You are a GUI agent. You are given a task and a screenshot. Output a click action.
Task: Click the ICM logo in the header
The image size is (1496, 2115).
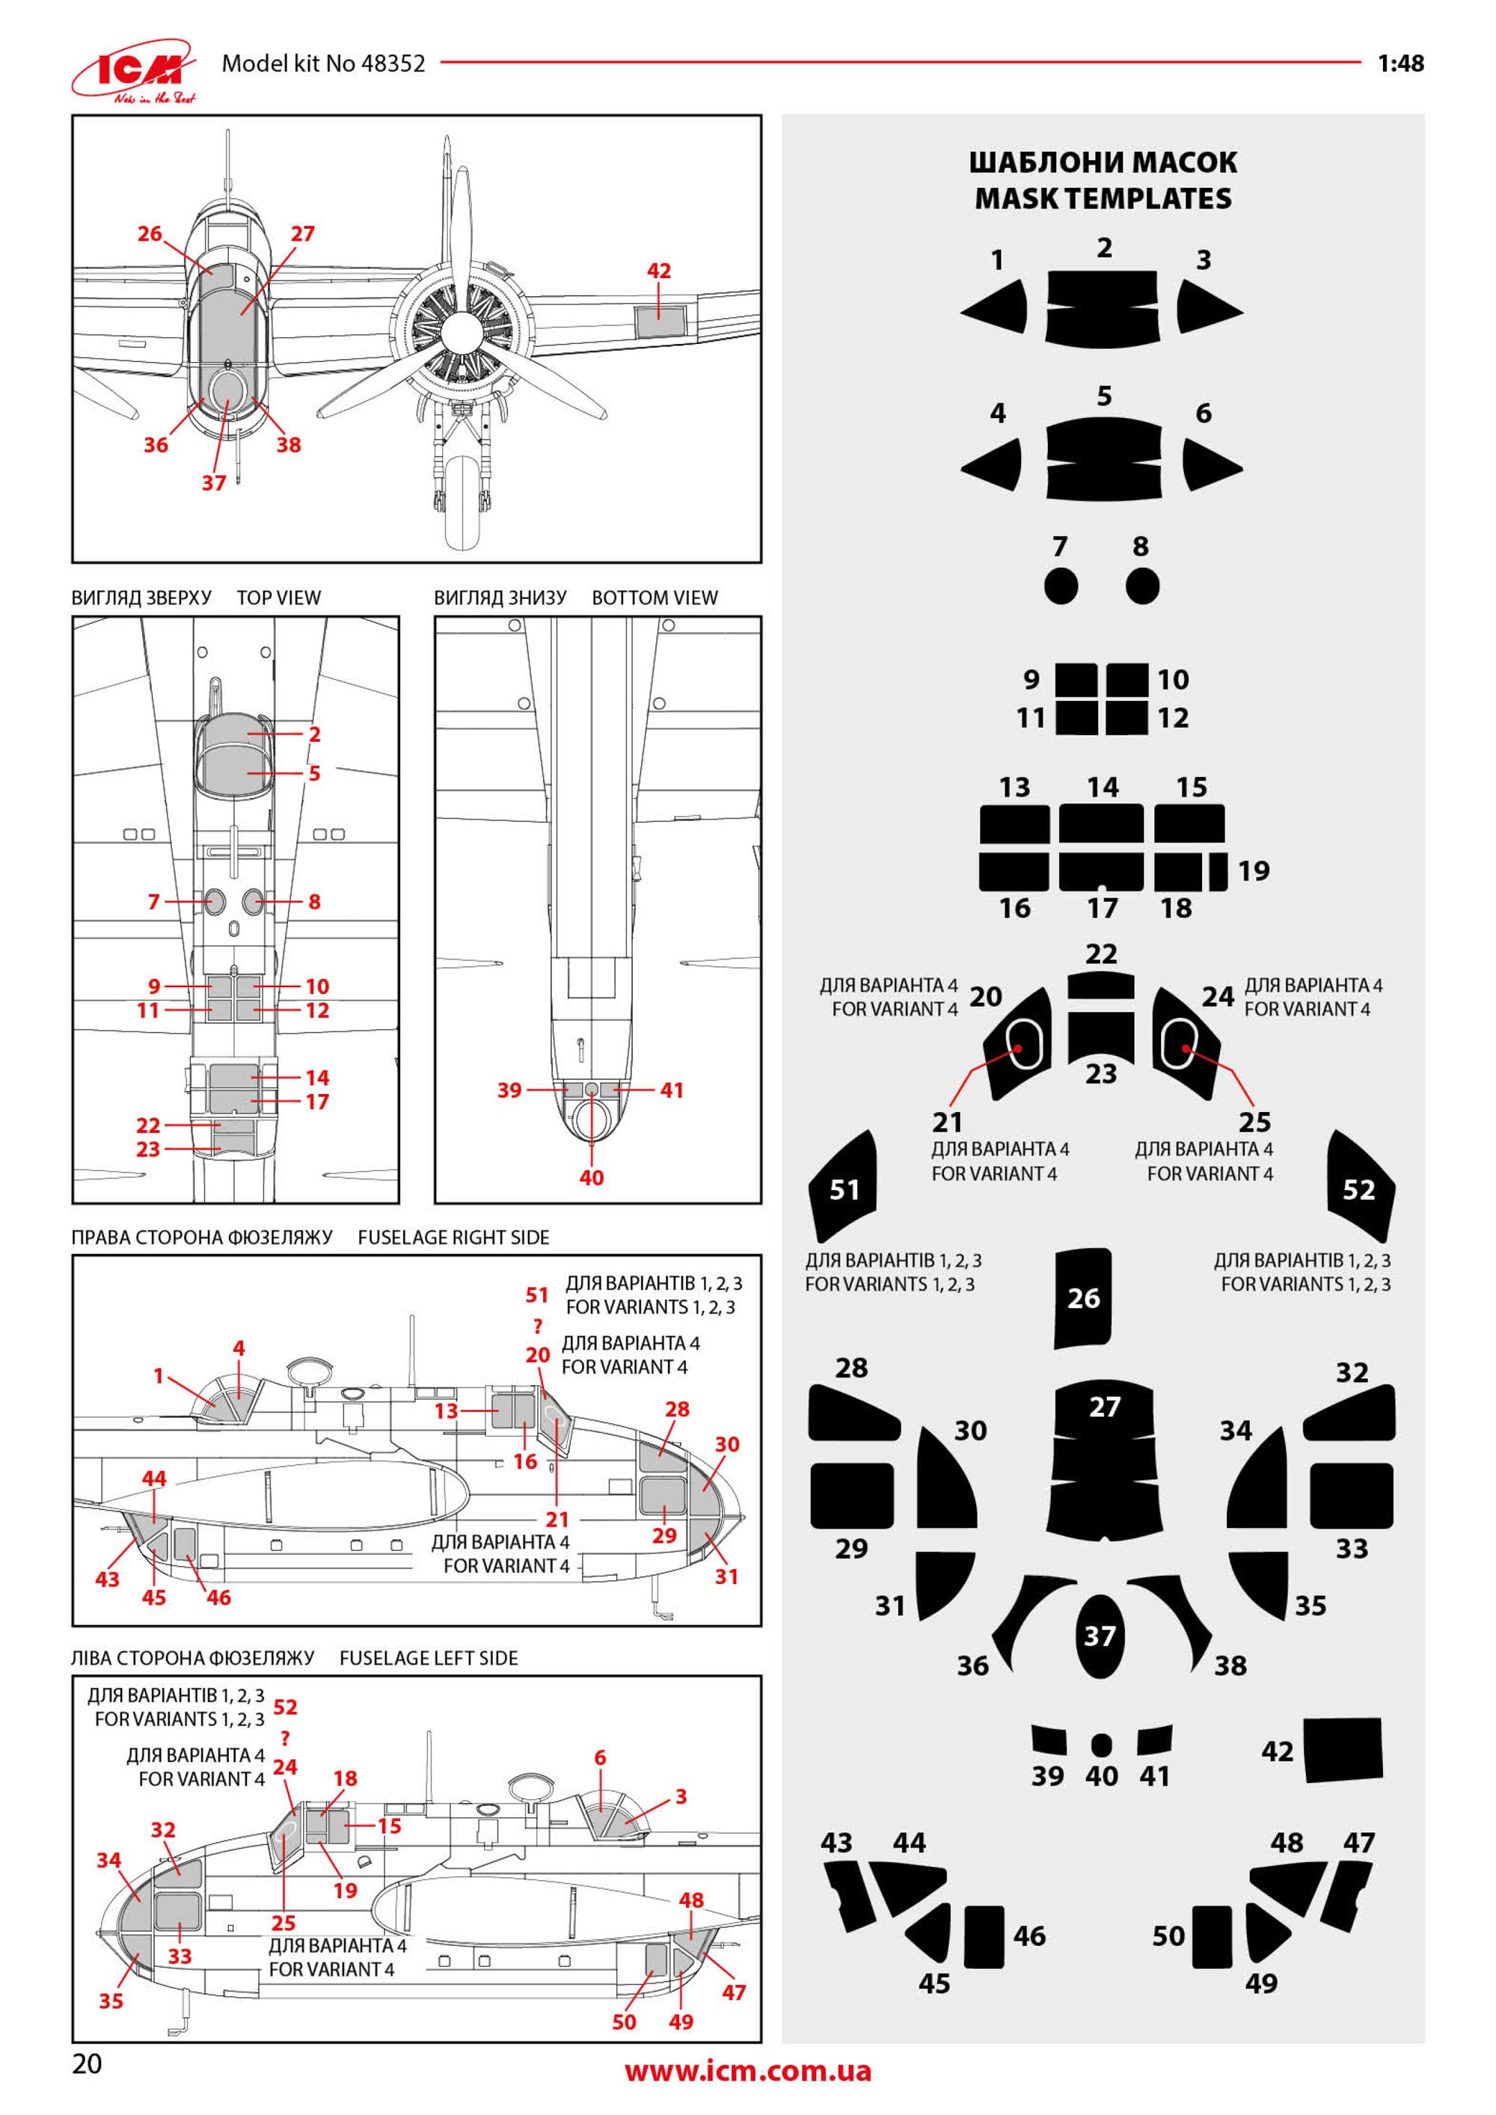point(135,70)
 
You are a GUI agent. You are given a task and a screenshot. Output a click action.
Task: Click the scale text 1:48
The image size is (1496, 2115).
point(1400,64)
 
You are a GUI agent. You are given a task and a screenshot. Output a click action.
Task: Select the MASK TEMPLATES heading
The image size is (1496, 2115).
point(1103,198)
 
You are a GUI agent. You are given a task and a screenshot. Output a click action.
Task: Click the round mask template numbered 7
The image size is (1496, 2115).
point(1061,586)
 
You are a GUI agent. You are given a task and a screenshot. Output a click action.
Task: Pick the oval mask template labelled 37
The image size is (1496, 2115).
point(1100,1636)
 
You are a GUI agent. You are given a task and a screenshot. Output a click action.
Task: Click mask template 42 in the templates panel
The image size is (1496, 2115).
point(1344,1748)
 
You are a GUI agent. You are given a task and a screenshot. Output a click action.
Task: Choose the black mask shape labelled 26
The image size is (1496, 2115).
point(1083,1297)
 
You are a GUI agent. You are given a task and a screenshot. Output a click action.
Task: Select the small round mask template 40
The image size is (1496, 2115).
point(1101,1745)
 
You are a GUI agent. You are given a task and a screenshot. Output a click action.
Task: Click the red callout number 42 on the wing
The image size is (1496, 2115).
point(659,271)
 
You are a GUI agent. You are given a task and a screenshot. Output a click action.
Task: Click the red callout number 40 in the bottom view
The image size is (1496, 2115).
point(592,1177)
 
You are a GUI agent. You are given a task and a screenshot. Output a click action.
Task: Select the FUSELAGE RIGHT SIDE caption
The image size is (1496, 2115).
point(453,1237)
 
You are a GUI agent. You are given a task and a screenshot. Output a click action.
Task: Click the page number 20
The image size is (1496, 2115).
point(87,2063)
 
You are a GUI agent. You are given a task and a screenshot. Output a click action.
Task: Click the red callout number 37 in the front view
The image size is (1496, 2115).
point(214,482)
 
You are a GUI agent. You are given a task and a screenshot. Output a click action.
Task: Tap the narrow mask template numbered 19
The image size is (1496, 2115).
point(1218,871)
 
